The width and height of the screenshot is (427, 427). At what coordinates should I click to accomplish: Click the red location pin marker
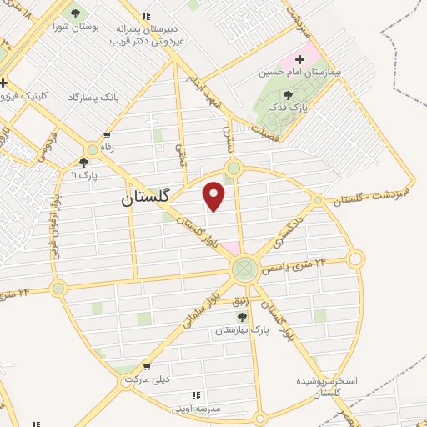[214, 195]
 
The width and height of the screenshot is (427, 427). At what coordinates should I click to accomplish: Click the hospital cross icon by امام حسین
[299, 59]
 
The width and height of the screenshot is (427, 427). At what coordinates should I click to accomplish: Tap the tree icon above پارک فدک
[288, 95]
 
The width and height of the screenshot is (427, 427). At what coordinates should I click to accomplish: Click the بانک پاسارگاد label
[94, 98]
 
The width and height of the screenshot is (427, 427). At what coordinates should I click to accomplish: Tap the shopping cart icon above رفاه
[106, 134]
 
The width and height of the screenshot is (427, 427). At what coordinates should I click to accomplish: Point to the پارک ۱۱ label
[84, 176]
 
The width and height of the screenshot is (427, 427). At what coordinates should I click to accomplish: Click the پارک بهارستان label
[243, 330]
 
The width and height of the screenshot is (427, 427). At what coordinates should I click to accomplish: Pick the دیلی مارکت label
[147, 379]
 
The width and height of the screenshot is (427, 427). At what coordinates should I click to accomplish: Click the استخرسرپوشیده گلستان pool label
[326, 386]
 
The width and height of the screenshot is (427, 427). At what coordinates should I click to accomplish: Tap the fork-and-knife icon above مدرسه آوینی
[196, 395]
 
